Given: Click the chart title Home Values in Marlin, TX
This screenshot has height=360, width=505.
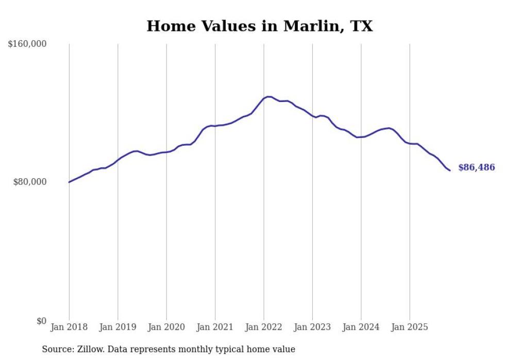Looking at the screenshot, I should pos(259,26).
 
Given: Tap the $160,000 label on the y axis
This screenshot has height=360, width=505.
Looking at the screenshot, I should pos(27,44).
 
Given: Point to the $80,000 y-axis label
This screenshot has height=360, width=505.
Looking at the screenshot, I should pos(30,182).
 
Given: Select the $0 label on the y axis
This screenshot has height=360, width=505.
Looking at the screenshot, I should pos(41,321).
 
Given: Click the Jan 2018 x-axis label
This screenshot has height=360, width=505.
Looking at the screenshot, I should pos(69,327).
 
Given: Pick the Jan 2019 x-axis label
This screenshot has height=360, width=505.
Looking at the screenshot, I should pos(117,327).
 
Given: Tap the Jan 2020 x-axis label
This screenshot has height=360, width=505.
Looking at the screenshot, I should pos(166,327).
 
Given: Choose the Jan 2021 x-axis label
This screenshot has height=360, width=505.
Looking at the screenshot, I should pos(215,327).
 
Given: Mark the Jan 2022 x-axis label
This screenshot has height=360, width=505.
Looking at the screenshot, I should pos(263,327).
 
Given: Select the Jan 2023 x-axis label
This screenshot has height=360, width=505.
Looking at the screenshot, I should pos(312,327).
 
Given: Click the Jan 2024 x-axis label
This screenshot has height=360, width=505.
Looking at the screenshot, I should pos(361,327).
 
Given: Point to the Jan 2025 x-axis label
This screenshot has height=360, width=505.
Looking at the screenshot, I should pos(410,327).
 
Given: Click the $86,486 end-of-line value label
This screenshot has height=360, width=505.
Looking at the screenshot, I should pos(476,167).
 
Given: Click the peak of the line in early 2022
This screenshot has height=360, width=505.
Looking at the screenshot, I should pos(268,96).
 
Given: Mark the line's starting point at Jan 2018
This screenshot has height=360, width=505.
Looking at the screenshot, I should pos(69,182).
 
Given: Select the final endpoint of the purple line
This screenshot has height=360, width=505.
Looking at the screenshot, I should pos(450,170).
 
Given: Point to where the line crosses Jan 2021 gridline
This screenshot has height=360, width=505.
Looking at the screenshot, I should pos(215,126).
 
